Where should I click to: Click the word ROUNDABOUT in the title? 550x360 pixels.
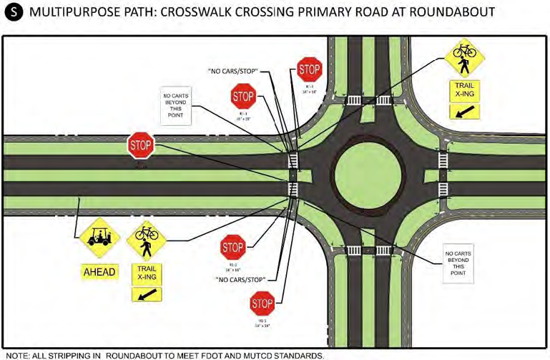pyautogui.click(x=449, y=14)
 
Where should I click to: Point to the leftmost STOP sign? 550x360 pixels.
pyautogui.click(x=141, y=145)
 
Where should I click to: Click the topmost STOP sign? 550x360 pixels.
pyautogui.click(x=310, y=69)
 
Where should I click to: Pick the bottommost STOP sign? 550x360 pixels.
pyautogui.click(x=262, y=304)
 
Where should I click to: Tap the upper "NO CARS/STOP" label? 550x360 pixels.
pyautogui.click(x=232, y=72)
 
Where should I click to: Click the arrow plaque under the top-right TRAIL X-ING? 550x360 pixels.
pyautogui.click(x=462, y=111)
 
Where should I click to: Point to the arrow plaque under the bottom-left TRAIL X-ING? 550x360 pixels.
pyautogui.click(x=146, y=294)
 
